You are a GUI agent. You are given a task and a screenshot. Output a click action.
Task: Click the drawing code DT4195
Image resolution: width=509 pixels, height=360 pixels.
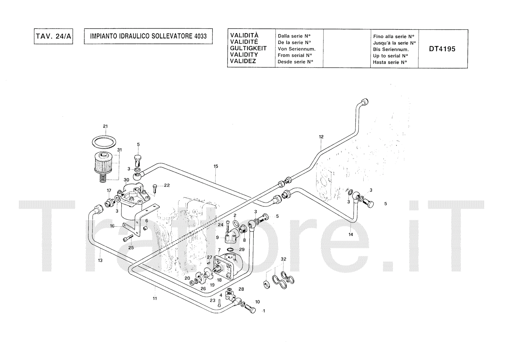[x=442, y=49]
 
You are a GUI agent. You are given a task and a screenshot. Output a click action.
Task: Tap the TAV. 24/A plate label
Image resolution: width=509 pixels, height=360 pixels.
[x=53, y=36]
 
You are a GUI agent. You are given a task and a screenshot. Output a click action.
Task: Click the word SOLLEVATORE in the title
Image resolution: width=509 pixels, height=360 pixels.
[x=171, y=36]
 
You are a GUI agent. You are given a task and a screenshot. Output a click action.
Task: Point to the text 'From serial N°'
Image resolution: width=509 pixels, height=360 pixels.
[x=295, y=55]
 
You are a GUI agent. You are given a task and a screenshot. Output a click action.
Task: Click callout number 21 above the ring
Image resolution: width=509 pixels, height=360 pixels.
[x=105, y=126]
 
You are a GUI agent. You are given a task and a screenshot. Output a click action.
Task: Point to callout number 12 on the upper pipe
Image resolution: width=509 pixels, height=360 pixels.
[x=321, y=137]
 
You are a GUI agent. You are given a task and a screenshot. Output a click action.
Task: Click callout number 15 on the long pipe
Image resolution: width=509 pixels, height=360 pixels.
[x=216, y=166]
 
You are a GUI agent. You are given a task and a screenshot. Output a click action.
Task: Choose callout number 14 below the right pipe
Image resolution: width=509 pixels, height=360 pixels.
[x=351, y=235]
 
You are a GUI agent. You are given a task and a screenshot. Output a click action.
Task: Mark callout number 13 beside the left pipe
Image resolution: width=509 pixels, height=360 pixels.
[x=100, y=260]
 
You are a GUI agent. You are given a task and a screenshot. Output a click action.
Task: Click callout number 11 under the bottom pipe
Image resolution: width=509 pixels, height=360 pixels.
[x=155, y=298]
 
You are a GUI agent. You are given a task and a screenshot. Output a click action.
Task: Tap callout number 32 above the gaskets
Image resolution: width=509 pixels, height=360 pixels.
[x=283, y=259]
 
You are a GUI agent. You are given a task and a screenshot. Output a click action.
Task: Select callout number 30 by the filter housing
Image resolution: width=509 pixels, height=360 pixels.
[x=126, y=180]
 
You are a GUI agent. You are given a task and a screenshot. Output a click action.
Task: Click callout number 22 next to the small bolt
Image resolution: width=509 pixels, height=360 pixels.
[x=167, y=186]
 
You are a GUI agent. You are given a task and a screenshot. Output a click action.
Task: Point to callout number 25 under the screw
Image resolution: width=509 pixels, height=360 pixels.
[x=131, y=247]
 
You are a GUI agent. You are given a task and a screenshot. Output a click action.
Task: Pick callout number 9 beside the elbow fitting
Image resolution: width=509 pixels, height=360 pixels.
[x=217, y=237]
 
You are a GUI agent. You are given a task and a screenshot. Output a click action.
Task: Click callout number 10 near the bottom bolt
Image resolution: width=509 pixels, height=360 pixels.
[x=257, y=302]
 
